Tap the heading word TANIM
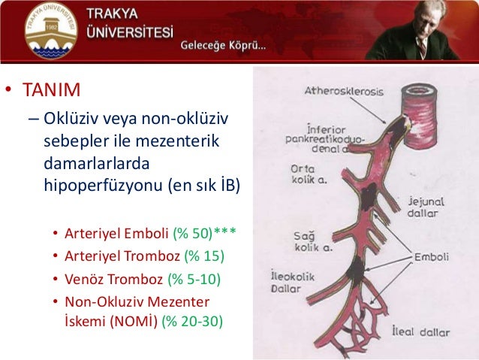pyautogui.click(x=50, y=92)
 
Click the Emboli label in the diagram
pyautogui.click(x=431, y=257)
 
